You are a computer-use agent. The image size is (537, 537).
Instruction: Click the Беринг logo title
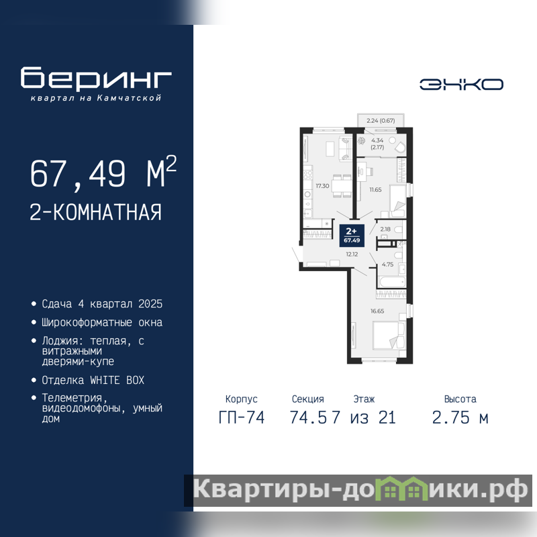96,78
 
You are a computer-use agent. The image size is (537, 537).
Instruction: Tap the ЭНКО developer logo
461,85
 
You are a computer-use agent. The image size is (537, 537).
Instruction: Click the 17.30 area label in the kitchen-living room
322,186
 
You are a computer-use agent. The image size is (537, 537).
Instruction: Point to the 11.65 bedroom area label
375,190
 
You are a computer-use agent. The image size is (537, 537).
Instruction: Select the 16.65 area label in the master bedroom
377,311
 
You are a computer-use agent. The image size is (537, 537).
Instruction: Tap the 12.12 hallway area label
352,254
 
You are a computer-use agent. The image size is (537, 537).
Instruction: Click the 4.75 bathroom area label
387,264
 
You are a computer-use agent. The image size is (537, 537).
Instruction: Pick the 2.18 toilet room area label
385,229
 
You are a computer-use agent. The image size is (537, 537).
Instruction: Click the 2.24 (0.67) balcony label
381,121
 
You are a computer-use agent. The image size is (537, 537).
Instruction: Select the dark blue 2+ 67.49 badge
352,236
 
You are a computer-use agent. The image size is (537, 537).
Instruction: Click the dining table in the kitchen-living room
342,186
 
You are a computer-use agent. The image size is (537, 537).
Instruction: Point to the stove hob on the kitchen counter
308,175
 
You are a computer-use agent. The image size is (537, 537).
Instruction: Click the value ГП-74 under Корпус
242,418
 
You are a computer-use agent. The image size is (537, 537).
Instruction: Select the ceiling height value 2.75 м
460,418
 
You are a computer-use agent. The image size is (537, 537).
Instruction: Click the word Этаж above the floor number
364,399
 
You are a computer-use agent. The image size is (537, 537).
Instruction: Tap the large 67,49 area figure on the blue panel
78,175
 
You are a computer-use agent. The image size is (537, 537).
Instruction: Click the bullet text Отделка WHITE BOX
93,380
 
